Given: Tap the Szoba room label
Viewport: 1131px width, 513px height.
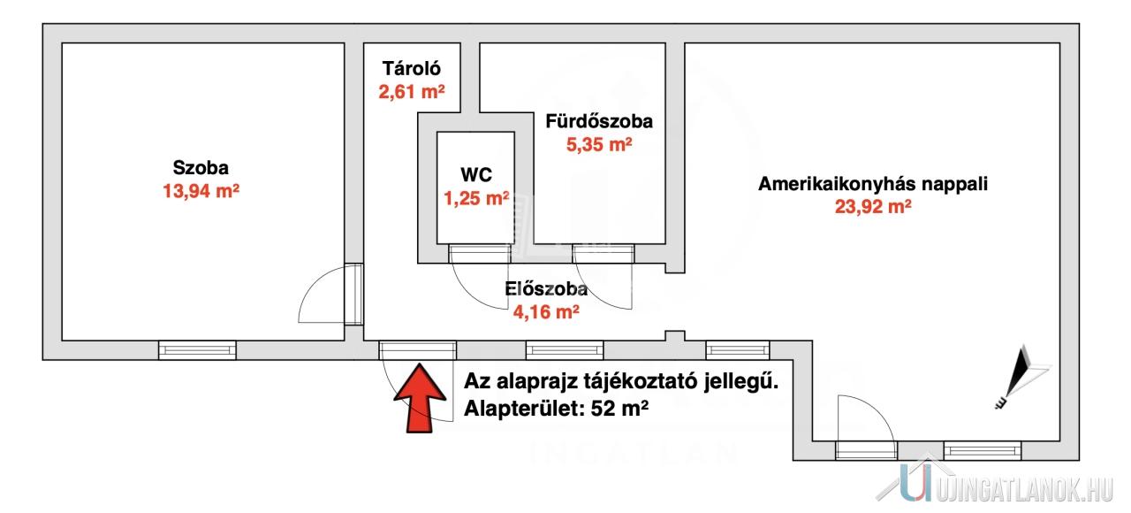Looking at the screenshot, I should click(x=201, y=167).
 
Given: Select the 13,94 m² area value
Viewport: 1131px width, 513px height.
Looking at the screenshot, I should click(x=201, y=190).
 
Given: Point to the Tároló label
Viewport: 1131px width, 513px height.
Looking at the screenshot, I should click(x=412, y=68).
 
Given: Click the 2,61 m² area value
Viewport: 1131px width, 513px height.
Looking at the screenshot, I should click(x=412, y=90).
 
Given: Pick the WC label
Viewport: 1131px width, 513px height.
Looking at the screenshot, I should click(x=476, y=175).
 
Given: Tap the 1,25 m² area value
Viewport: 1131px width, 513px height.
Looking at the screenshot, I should click(x=476, y=198).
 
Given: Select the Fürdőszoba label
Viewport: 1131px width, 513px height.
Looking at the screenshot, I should click(x=599, y=121).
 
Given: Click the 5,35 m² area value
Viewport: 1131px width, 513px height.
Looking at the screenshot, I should click(x=599, y=144).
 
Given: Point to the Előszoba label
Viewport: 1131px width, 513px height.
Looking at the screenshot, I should click(x=546, y=288).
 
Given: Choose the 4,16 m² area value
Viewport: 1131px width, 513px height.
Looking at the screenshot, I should click(x=546, y=311).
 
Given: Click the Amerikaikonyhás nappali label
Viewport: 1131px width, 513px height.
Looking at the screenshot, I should click(x=873, y=185).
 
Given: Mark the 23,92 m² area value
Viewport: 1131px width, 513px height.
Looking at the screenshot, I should click(x=873, y=208).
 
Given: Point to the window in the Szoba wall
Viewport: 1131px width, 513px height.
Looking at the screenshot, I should click(x=197, y=350).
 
